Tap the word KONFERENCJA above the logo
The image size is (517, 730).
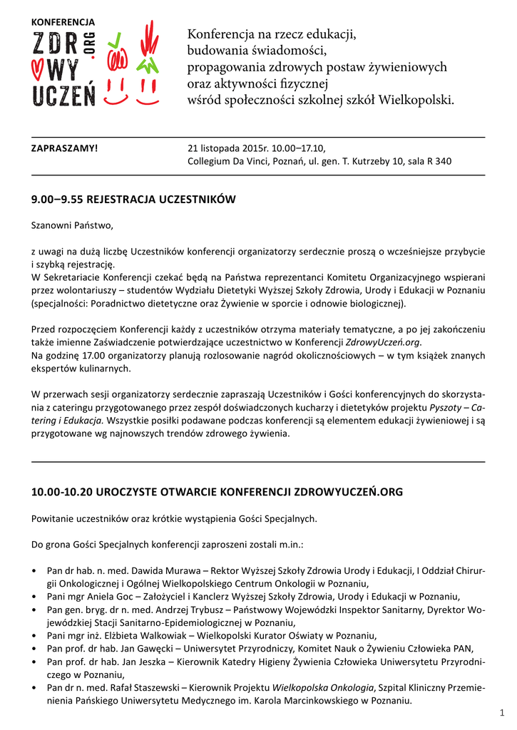coord(62,23)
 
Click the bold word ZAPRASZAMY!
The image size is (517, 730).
coord(64,148)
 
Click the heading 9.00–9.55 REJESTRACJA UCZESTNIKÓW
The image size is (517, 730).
coord(133,198)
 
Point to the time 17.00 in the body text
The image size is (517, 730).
coord(88,355)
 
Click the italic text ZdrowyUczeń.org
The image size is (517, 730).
coord(384,342)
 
